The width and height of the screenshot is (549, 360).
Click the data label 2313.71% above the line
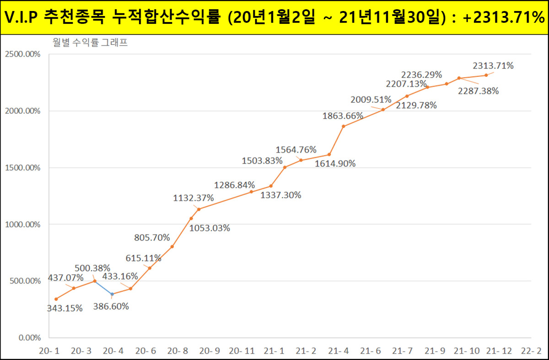[x=493, y=66]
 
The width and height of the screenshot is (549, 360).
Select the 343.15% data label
[x=65, y=308]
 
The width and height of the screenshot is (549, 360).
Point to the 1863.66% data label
[x=343, y=116]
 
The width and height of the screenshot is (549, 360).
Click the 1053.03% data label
[x=210, y=228]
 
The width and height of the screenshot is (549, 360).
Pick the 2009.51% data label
[x=371, y=100]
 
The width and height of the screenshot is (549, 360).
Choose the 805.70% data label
[x=152, y=238]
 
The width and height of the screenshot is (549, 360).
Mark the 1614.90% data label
[x=335, y=163]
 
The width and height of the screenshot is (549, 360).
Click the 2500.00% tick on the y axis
[x=22, y=54]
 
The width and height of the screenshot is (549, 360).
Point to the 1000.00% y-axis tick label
[x=22, y=225]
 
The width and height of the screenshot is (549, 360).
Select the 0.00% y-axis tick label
[x=28, y=338]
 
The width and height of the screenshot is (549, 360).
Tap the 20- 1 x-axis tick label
[x=49, y=351]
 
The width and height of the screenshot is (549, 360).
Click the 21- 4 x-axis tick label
[x=339, y=351]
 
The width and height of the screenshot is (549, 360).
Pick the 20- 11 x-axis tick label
[x=242, y=351]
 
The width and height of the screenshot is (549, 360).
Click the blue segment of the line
[x=103, y=287]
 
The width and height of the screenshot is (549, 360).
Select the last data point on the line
[x=486, y=75]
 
